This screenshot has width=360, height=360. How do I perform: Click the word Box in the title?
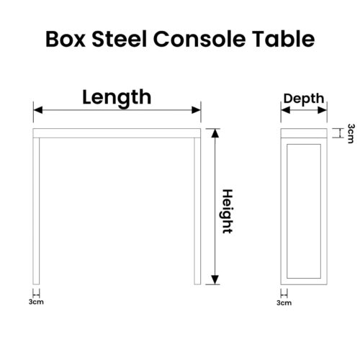(x=66, y=39)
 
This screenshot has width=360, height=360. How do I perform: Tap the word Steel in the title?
(x=120, y=38)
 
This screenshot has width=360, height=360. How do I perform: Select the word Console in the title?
(x=199, y=38)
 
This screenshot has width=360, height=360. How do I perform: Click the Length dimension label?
(x=117, y=98)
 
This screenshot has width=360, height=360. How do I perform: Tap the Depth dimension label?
(x=304, y=99)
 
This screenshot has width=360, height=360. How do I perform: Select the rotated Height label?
(x=227, y=211)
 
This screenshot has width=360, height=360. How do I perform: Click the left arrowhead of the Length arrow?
(x=38, y=110)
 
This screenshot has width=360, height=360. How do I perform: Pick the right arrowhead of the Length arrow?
(x=196, y=110)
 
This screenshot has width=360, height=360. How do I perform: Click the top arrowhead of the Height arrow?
(x=215, y=133)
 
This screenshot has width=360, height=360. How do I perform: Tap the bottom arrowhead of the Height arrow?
(x=215, y=280)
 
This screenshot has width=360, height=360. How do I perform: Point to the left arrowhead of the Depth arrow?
(x=286, y=110)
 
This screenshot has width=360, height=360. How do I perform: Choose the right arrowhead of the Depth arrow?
(x=323, y=110)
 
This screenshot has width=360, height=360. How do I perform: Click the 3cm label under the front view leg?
(x=36, y=302)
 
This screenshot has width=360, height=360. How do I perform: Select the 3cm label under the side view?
(x=284, y=302)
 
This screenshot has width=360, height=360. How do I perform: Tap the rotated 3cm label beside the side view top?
(x=351, y=133)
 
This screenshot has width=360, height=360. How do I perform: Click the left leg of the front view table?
(x=36, y=211)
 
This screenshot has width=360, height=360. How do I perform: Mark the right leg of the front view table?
(x=197, y=211)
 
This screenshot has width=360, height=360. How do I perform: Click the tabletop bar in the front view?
(x=117, y=133)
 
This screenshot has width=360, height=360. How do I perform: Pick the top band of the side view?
(x=304, y=133)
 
